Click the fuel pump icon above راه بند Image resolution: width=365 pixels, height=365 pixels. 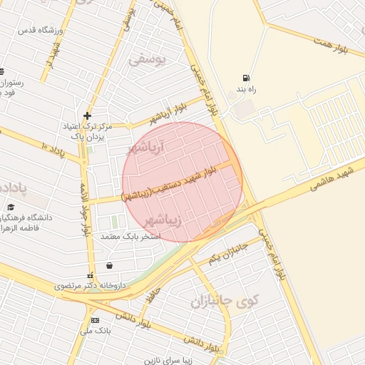click(x=247, y=78)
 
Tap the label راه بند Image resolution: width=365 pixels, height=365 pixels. click(x=247, y=91)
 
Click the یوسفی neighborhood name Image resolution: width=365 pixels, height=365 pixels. click(x=148, y=60)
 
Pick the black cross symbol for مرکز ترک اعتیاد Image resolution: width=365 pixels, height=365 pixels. click(x=87, y=115)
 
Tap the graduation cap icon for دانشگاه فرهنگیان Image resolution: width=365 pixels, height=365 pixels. click(x=11, y=207)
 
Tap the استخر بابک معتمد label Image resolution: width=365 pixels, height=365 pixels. click(x=129, y=236)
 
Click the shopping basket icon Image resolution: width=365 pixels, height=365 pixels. click(x=109, y=266)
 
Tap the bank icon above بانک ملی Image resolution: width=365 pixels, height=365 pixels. click(x=94, y=320)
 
